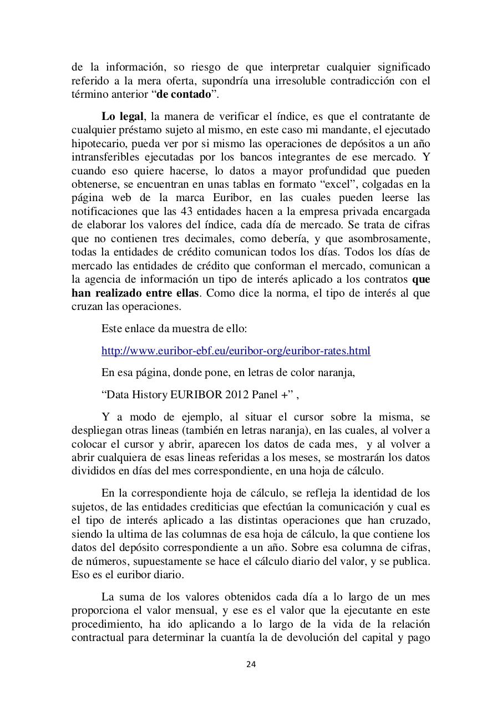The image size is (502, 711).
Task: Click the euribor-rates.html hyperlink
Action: [x=236, y=351]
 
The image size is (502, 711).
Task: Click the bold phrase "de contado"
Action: [x=184, y=94]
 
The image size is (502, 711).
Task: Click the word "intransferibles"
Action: [x=103, y=157]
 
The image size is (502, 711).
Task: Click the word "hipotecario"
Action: [x=97, y=144]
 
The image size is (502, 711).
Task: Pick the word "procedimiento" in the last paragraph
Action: [x=105, y=624]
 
